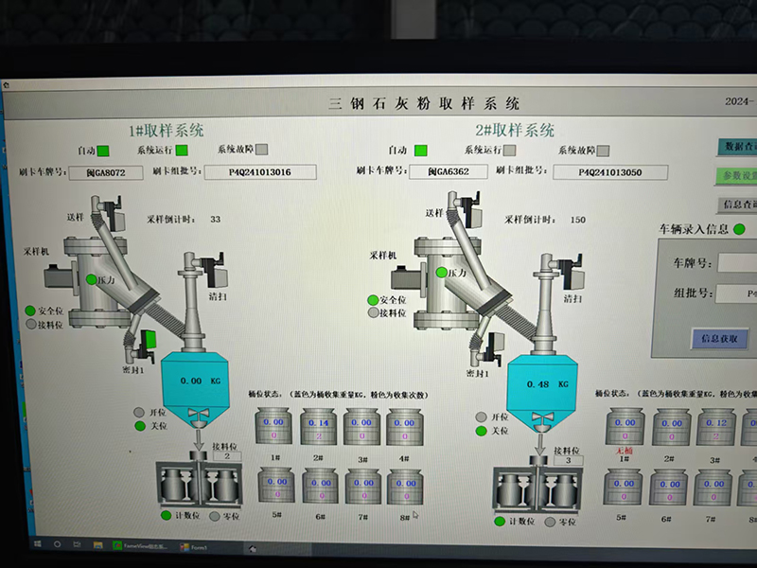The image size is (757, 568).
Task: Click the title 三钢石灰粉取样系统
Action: coord(423,103)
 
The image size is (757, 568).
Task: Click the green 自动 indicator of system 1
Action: coord(103,151)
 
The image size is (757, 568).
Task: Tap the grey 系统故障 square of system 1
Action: coord(262,150)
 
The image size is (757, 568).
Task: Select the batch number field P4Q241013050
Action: coord(610,172)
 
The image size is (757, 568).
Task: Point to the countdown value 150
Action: coord(577,220)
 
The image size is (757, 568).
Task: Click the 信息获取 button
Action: coord(722,338)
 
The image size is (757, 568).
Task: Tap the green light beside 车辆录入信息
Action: coord(739,229)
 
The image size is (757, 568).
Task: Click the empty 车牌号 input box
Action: coord(737,262)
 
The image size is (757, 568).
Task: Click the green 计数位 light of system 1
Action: coord(166,515)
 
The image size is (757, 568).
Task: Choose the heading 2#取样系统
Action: coord(515,131)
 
